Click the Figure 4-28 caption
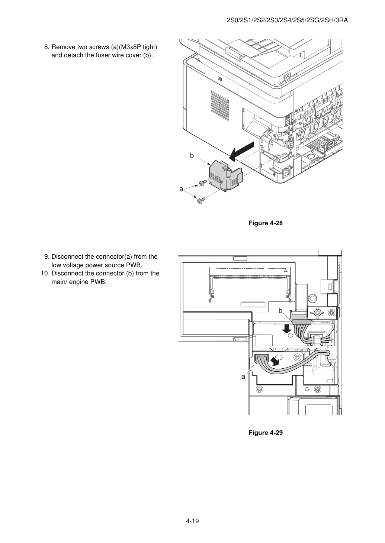click(265, 223)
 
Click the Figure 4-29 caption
click(265, 433)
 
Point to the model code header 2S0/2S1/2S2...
click(287, 20)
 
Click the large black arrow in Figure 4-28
click(241, 152)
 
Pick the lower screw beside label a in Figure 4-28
click(201, 201)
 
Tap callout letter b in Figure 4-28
click(192, 155)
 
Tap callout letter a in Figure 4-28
click(181, 189)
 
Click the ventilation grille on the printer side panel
click(219, 106)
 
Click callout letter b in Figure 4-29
click(280, 311)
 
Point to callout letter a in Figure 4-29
click(243, 377)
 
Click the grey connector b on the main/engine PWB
click(302, 322)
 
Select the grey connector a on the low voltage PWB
click(262, 358)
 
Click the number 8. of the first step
click(47, 47)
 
